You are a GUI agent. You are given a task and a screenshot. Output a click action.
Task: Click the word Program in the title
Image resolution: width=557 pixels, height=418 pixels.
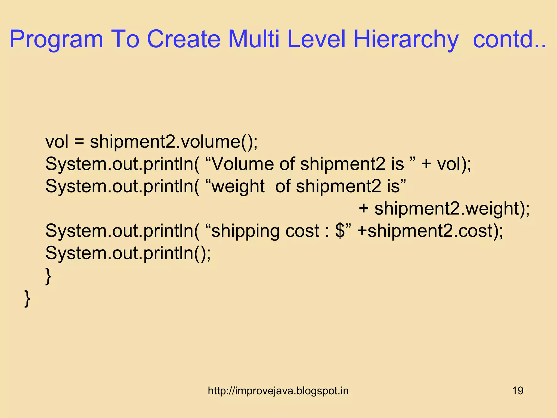coord(56,39)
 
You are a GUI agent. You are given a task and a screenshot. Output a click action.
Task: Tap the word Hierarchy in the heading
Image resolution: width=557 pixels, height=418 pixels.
coord(406,39)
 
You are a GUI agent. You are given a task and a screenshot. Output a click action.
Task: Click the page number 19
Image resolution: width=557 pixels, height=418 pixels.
coord(518,391)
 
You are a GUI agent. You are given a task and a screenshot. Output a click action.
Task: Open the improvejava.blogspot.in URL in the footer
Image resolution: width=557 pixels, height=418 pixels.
coord(278,391)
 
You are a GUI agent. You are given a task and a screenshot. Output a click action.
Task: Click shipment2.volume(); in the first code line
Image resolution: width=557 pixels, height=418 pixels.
coord(174,142)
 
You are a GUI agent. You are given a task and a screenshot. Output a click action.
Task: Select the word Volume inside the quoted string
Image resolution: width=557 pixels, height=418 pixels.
coord(243,164)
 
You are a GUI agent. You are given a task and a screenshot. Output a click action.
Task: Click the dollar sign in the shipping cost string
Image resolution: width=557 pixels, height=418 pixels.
coord(340,231)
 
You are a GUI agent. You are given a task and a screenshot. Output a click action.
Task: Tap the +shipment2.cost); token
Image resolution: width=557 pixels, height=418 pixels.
coord(430,231)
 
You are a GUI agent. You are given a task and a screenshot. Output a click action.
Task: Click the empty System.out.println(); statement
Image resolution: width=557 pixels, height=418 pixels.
coord(128,253)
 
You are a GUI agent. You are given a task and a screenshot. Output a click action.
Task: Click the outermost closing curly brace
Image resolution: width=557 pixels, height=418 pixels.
coord(27,298)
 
